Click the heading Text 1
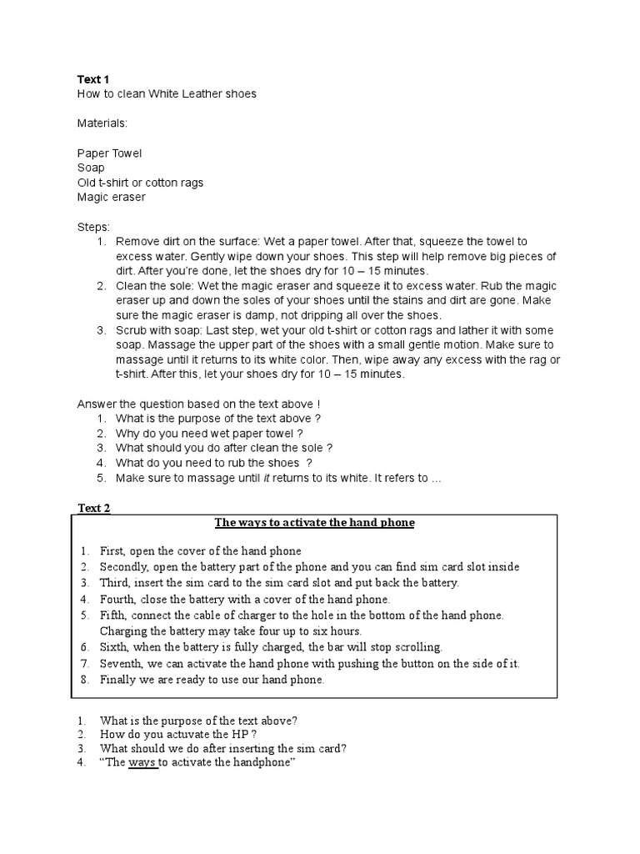pyautogui.click(x=93, y=79)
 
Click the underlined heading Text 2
pyautogui.click(x=94, y=508)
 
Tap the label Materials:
pyautogui.click(x=102, y=123)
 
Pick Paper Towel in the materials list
pyautogui.click(x=109, y=153)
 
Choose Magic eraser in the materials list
pyautogui.click(x=111, y=197)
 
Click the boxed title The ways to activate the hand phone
pyautogui.click(x=314, y=523)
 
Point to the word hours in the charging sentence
pyautogui.click(x=345, y=631)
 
